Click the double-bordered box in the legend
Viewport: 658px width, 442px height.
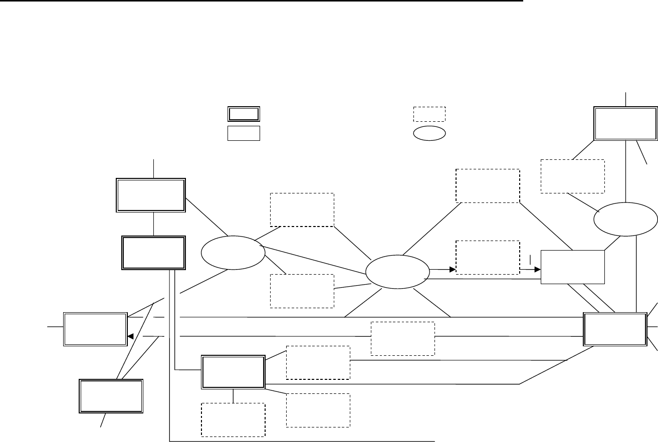click(x=244, y=114)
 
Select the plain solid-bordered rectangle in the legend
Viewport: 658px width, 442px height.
click(x=244, y=134)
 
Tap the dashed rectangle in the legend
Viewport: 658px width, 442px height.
click(x=429, y=114)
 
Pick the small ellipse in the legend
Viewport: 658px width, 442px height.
click(x=429, y=133)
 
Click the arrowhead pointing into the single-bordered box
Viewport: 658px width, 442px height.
click(x=538, y=270)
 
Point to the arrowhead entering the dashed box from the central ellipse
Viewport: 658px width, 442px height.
click(x=452, y=270)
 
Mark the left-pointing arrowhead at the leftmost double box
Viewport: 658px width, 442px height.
click(x=130, y=336)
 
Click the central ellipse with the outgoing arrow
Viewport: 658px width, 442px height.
click(x=398, y=271)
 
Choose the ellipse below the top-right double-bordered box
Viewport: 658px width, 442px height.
click(x=625, y=219)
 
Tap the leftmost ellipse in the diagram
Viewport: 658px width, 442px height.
click(x=233, y=252)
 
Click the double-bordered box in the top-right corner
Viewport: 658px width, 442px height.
click(x=625, y=123)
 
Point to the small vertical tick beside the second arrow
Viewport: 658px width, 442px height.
click(x=530, y=260)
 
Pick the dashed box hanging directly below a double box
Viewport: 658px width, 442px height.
click(x=233, y=419)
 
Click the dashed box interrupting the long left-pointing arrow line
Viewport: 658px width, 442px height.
click(x=402, y=338)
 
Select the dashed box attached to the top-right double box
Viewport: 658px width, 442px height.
click(x=572, y=176)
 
